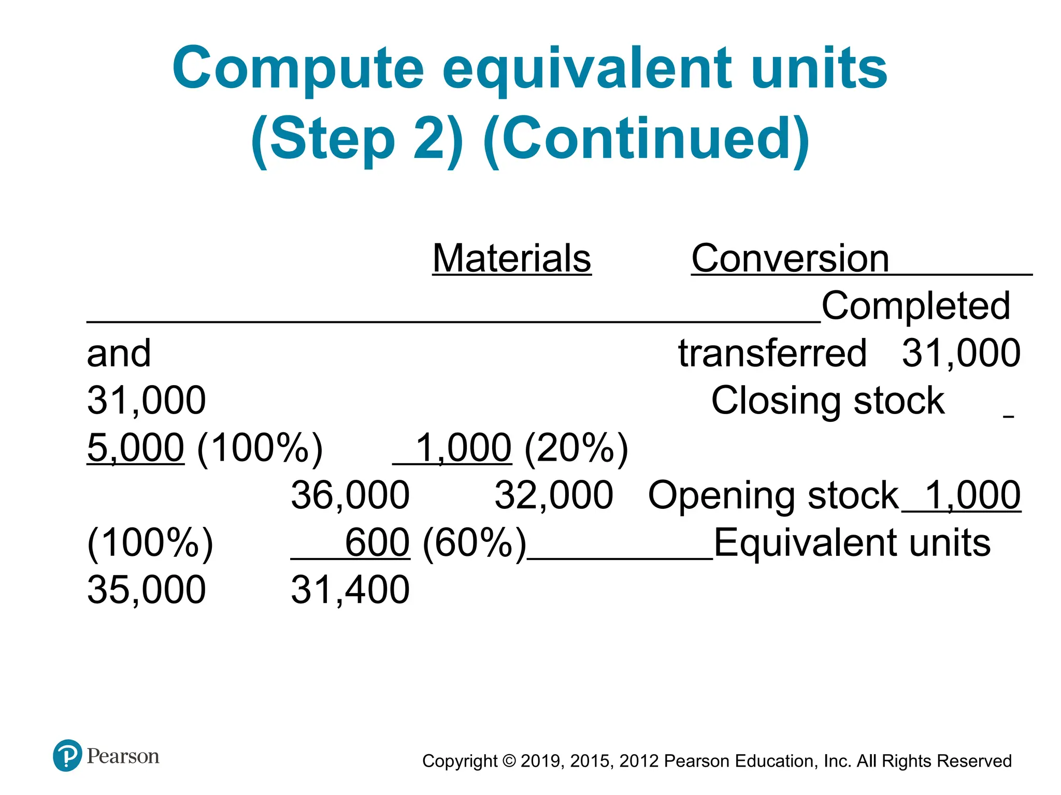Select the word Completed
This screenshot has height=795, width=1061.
point(915,305)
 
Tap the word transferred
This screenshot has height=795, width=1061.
point(772,353)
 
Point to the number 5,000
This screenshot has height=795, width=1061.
point(135,448)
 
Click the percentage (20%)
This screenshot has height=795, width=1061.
point(576,448)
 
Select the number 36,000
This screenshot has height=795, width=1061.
point(350,495)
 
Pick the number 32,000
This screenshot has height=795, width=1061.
point(553,495)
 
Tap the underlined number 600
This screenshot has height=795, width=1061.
point(377,542)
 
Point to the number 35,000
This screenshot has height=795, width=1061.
point(146,590)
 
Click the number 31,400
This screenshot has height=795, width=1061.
point(350,590)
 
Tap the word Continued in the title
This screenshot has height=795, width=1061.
point(646,139)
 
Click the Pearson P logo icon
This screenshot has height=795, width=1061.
point(67,756)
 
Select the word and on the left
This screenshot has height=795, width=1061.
point(119,353)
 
